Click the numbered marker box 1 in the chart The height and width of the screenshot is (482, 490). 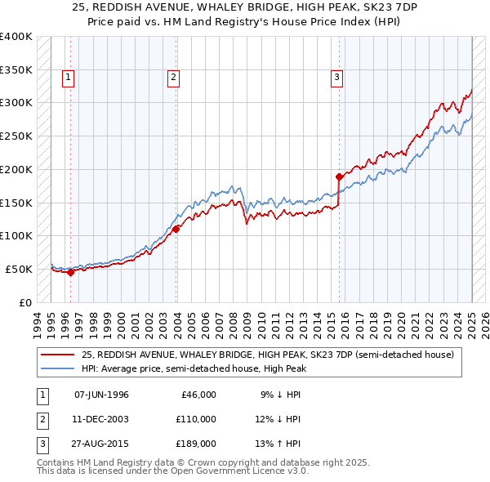68,78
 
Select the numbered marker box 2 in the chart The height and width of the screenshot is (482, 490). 174,78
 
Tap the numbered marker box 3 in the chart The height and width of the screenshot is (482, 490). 336,78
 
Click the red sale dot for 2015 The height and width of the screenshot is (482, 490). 339,176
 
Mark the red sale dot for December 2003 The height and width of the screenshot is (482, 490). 176,229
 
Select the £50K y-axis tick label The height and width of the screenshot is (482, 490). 19,269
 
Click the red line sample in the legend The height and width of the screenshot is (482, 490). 59,355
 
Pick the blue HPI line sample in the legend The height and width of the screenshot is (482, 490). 59,368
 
